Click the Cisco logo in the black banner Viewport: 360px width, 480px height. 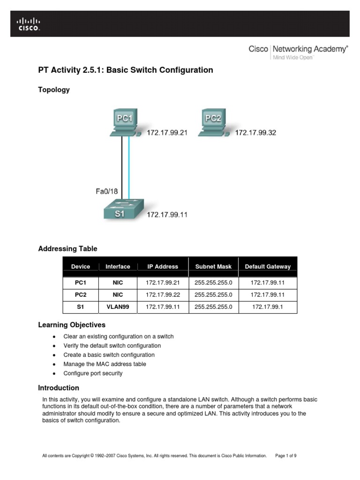coord(29,24)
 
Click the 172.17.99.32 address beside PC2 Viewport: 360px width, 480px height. coord(255,133)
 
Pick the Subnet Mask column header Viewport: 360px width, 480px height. coord(213,266)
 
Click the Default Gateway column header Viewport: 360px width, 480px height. coord(268,266)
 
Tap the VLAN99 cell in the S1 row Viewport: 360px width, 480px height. coord(118,307)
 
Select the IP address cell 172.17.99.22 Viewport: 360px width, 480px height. coord(163,295)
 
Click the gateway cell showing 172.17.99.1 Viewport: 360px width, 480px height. coord(268,307)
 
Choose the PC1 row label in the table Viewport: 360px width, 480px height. coord(81,283)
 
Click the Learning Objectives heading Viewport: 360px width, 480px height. coord(72,325)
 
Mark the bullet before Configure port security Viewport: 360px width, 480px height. coord(55,374)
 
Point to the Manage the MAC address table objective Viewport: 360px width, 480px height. coord(105,364)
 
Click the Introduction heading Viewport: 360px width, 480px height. coord(59,388)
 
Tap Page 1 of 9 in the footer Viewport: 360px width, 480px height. coord(286,455)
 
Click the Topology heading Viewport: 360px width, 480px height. coord(54,90)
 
